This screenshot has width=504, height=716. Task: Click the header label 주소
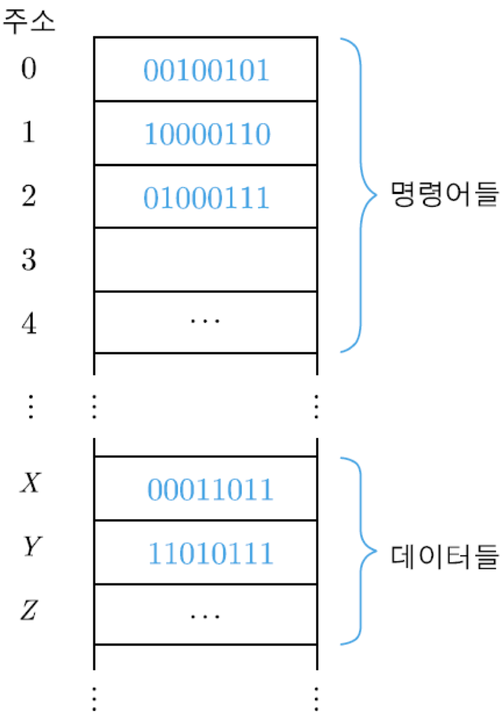(x=29, y=21)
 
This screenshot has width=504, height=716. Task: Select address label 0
(x=29, y=68)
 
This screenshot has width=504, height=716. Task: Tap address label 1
(x=29, y=132)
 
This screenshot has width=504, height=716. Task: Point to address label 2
(x=29, y=196)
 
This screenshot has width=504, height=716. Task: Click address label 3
(x=29, y=259)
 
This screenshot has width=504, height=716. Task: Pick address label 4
(x=29, y=323)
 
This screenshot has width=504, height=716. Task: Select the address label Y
(x=32, y=546)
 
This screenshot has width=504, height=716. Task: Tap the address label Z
(x=30, y=610)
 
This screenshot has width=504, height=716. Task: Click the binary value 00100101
(x=206, y=70)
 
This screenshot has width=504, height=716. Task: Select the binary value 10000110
(x=207, y=134)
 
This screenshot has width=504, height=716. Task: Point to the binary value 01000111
(x=206, y=198)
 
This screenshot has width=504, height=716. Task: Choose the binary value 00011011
(x=210, y=489)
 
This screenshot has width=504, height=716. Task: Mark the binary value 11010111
(x=210, y=553)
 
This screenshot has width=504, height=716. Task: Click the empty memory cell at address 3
(x=205, y=260)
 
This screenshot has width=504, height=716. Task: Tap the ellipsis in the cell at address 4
(x=205, y=321)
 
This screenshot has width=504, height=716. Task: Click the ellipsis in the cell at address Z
(x=205, y=616)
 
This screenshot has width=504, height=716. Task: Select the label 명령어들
(x=445, y=194)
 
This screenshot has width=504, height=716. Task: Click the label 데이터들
(x=445, y=556)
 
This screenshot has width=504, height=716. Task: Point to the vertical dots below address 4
(x=31, y=406)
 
